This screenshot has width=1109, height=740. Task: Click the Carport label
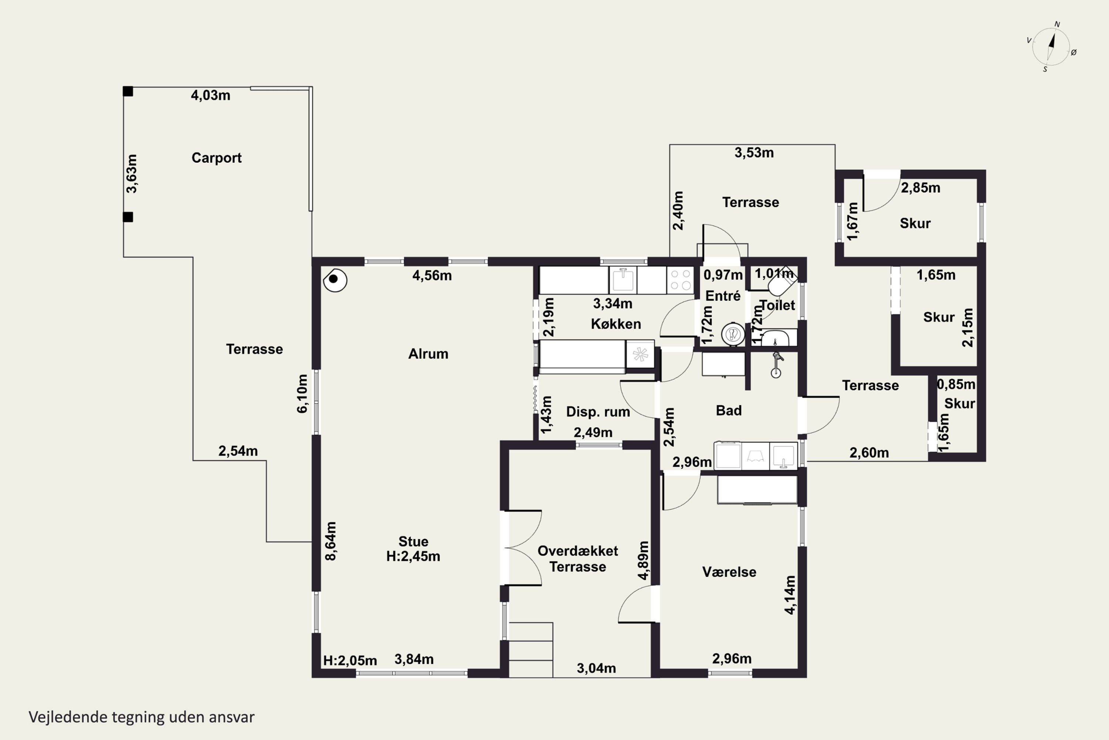[x=216, y=158]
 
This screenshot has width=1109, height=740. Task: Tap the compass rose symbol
[x=1051, y=47]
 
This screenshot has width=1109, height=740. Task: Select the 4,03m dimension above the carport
[x=210, y=95]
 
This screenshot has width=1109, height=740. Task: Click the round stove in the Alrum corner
[x=335, y=280]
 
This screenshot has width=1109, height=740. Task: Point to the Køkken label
[x=616, y=324]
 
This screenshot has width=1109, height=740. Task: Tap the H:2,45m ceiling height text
[x=413, y=556]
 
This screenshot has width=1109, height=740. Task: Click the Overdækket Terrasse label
[x=577, y=559]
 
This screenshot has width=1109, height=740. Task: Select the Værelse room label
[x=729, y=572]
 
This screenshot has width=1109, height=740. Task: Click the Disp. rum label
[x=598, y=411]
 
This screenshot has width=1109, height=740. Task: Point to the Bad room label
[x=729, y=411]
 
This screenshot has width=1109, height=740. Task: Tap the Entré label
[x=723, y=296]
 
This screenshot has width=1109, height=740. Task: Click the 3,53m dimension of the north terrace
[x=754, y=153]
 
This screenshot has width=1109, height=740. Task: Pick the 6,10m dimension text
[x=302, y=394]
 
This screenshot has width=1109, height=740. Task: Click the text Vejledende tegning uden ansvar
[x=142, y=717]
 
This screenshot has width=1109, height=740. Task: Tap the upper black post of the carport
[x=128, y=91]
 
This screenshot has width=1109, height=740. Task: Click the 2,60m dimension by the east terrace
[x=869, y=453]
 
